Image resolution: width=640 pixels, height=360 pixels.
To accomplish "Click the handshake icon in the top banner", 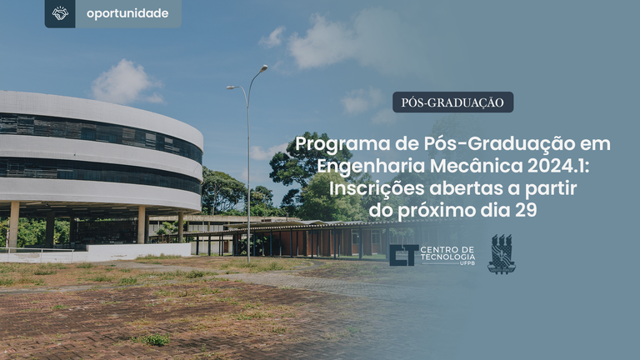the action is tap(60, 13).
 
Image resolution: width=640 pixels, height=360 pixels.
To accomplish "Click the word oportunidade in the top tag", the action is tap(127, 13).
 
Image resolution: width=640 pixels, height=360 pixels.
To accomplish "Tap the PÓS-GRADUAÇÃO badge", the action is tap(452, 102).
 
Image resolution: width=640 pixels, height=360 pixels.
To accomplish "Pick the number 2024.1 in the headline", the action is tap(558, 166).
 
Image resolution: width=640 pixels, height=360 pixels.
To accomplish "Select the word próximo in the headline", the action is tap(437, 211).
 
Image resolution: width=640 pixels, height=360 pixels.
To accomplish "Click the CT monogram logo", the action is tap(403, 255).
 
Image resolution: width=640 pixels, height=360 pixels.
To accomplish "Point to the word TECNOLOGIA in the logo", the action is tap(447, 257).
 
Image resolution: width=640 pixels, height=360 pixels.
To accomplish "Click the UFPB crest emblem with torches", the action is tap(502, 254).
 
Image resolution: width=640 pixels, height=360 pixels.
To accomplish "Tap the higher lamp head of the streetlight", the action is tap(263, 68).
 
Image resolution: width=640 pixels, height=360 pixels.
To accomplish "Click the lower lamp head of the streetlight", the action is tap(231, 87).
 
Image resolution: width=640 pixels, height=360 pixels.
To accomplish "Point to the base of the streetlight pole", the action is tap(248, 261).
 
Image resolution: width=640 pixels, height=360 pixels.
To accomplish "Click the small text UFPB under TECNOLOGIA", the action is tap(467, 263).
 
